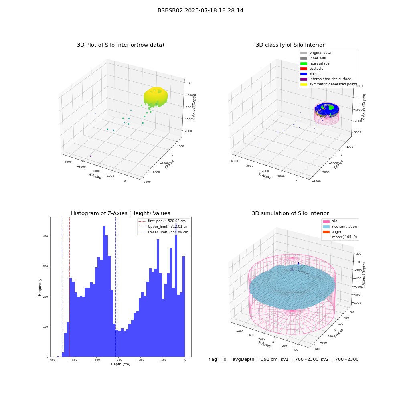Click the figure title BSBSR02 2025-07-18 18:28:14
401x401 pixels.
click(x=200, y=10)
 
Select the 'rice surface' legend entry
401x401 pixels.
click(x=315, y=63)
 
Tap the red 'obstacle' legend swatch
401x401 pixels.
click(x=304, y=69)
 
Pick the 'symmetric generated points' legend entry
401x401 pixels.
click(x=329, y=84)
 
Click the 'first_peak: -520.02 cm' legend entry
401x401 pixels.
click(x=162, y=221)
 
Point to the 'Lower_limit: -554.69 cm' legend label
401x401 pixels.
click(x=168, y=232)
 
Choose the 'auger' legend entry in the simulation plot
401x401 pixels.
click(x=332, y=232)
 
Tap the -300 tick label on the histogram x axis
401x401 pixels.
click(x=118, y=360)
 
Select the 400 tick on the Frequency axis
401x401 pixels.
click(x=45, y=237)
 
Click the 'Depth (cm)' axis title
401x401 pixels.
click(x=120, y=364)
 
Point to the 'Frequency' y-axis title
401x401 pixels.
click(x=40, y=287)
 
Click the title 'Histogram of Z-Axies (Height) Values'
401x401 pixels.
click(x=120, y=213)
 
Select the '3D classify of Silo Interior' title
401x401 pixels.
click(x=290, y=45)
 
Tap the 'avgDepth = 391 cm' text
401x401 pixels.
click(x=255, y=359)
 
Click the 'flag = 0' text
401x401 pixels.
click(x=217, y=359)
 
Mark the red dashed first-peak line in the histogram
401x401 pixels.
click(x=69, y=287)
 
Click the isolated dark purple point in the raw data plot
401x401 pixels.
click(x=91, y=156)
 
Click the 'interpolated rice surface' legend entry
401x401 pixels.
click(x=326, y=79)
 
